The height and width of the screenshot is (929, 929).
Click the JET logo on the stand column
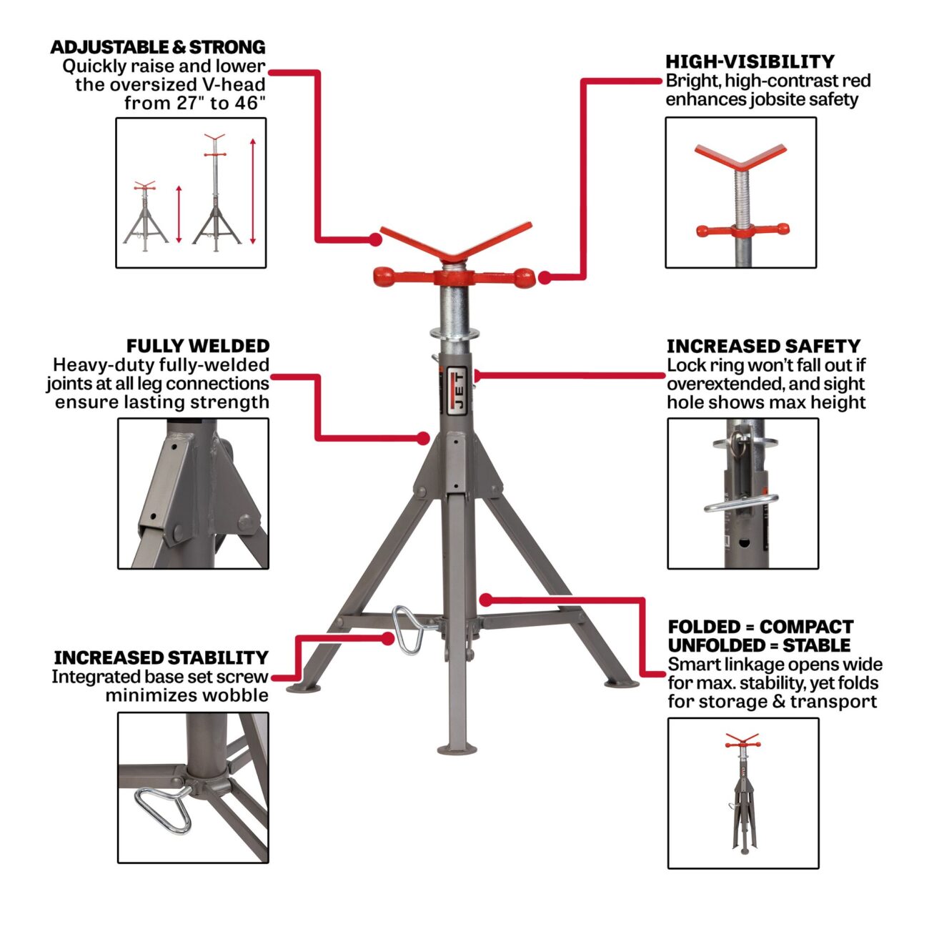click(x=457, y=391)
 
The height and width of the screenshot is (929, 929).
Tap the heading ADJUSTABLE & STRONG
click(x=158, y=47)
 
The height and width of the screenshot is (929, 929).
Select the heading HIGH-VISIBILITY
click(x=750, y=61)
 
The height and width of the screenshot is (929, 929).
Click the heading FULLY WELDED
click(x=198, y=346)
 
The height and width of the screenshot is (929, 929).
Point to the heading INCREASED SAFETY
click(x=764, y=346)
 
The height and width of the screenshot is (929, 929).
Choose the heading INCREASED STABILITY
click(x=161, y=657)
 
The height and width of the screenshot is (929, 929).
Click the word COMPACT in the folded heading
click(x=807, y=627)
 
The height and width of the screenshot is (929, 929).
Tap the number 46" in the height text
click(x=249, y=103)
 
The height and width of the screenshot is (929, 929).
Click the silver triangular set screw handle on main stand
click(x=409, y=629)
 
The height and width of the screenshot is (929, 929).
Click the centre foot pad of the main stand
click(x=457, y=750)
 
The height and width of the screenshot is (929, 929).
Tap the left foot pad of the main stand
click(x=303, y=688)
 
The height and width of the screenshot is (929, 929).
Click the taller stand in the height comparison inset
click(x=216, y=192)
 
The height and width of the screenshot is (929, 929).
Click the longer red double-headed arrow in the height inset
click(x=253, y=192)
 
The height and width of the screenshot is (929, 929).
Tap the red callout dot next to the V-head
click(x=375, y=239)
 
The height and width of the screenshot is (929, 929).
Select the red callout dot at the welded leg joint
click(x=423, y=438)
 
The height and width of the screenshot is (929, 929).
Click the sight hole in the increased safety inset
click(x=745, y=543)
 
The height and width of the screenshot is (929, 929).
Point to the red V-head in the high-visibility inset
click(x=740, y=157)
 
